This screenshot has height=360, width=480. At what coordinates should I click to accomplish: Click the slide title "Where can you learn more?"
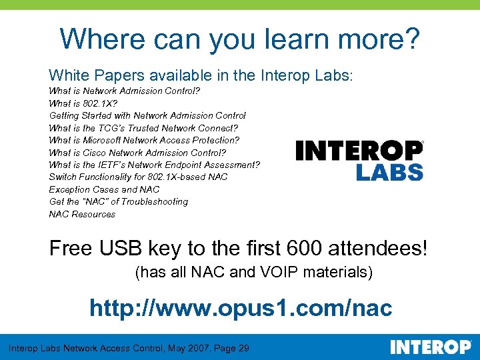click(x=240, y=39)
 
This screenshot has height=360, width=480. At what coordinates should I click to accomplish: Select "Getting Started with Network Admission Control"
click(x=147, y=115)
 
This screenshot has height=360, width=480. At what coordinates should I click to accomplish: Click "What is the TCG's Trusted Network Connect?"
click(x=143, y=128)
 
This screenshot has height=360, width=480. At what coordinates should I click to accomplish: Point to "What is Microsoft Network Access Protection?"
click(x=144, y=140)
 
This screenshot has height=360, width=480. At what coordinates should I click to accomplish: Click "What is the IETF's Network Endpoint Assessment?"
click(x=154, y=165)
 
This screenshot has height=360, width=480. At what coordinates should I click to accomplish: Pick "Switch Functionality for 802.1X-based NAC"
click(x=138, y=177)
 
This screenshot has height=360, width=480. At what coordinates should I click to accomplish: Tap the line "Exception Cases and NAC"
click(x=104, y=189)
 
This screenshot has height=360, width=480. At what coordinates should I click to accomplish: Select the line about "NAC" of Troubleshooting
click(x=119, y=201)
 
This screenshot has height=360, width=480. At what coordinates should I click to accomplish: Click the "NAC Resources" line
click(x=82, y=214)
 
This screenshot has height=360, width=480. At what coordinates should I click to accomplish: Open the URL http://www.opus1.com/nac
click(x=241, y=309)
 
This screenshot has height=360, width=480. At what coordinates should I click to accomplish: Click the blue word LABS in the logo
click(x=389, y=171)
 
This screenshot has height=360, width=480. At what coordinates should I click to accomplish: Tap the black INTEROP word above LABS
click(x=359, y=150)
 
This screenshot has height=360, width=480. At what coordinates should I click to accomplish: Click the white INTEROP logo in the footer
click(x=430, y=347)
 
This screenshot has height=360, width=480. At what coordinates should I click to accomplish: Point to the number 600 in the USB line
click(x=305, y=249)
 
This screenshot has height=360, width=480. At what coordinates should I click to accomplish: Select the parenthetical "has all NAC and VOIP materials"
click(x=253, y=273)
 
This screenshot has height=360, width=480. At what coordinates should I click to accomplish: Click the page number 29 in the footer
click(x=243, y=348)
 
